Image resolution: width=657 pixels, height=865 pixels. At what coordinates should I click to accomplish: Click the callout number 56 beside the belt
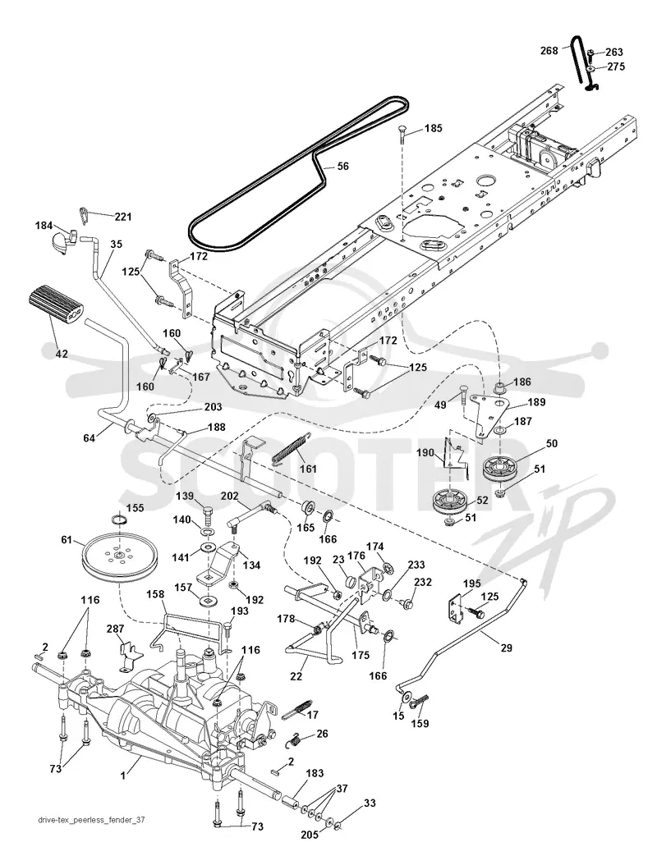(342, 166)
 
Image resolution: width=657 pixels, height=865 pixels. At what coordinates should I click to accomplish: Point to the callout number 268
(550, 52)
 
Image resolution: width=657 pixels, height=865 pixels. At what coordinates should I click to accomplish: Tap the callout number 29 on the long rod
(506, 648)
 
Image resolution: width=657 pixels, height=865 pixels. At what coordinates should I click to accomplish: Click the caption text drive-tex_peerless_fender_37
(92, 820)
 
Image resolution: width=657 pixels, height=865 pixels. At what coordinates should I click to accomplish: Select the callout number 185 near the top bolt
(434, 129)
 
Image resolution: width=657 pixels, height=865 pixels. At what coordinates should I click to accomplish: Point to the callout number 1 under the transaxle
(123, 775)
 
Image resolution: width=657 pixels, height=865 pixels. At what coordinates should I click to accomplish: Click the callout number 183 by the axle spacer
(315, 773)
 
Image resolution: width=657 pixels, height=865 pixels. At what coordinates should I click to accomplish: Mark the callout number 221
(122, 217)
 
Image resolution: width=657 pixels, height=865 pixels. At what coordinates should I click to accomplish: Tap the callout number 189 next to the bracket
(536, 402)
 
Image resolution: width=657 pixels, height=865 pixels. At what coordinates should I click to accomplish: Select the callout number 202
(230, 496)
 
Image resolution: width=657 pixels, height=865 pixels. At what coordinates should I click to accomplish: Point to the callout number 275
(616, 66)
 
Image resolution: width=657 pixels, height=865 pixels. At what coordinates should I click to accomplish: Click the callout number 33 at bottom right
(370, 803)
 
